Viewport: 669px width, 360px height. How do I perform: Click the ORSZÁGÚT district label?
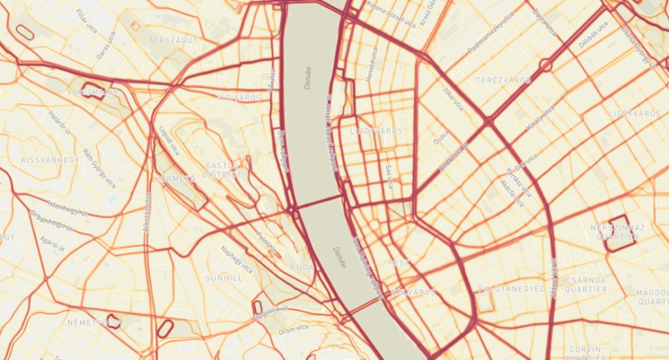point(175,40)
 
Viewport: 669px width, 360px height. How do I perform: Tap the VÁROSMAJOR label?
point(92,92)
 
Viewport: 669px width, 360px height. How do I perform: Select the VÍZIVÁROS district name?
point(239,97)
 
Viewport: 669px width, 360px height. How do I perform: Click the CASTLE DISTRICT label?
point(221,170)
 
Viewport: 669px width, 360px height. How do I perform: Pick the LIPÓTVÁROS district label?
point(377,131)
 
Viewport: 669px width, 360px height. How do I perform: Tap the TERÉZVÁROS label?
point(503,80)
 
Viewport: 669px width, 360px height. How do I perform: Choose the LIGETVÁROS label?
point(634,113)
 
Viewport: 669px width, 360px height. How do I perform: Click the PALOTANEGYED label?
point(512,288)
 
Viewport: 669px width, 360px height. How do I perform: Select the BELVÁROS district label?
point(414,292)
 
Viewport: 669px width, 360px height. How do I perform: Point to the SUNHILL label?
point(223,278)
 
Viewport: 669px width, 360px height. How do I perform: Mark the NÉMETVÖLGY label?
point(95,323)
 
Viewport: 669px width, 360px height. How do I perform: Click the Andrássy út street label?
point(454,157)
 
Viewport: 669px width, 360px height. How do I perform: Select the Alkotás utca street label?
point(146,212)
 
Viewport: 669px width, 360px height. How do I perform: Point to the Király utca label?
point(542,118)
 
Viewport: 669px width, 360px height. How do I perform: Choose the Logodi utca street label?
point(169,140)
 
